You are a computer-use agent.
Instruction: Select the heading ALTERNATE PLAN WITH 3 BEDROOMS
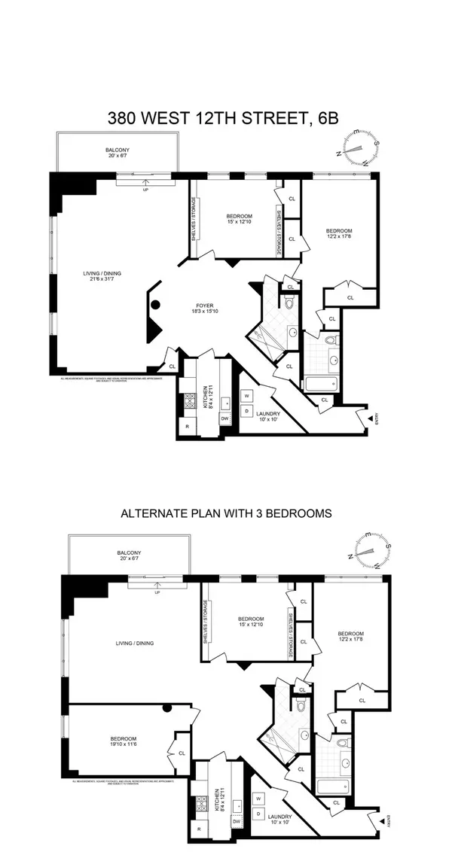tap(225, 514)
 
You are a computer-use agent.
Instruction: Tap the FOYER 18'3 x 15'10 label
tap(204, 309)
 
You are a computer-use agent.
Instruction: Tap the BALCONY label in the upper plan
tap(117, 154)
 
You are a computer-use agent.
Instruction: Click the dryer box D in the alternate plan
tap(258, 813)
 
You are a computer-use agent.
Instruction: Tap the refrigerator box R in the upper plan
tap(187, 427)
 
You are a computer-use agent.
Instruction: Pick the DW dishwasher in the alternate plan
tap(237, 822)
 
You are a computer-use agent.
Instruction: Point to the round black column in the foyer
tap(156, 306)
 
